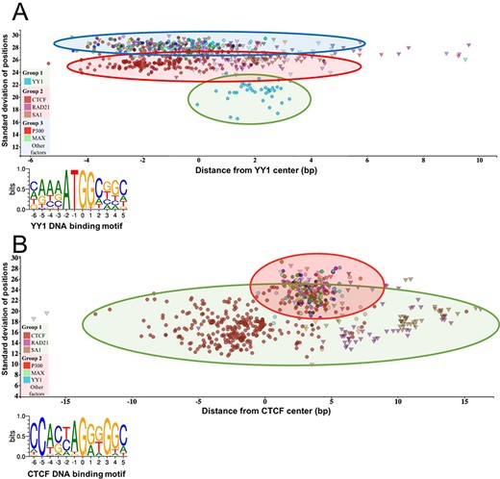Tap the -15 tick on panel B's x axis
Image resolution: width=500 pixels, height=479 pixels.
pyautogui.click(x=64, y=401)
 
